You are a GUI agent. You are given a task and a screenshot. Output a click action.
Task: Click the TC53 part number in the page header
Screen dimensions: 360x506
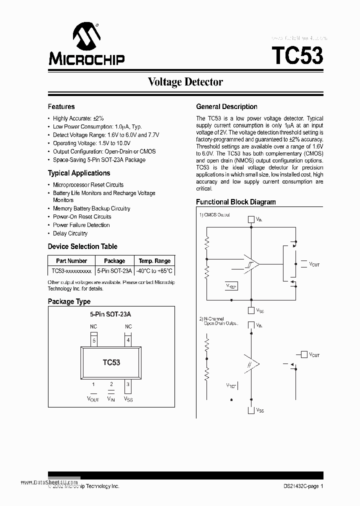[297, 54]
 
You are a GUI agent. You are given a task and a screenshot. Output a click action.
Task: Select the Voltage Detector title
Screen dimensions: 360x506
[185, 82]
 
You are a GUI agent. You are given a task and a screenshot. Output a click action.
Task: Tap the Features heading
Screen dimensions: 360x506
[61, 106]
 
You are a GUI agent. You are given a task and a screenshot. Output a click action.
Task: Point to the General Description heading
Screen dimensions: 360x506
[226, 106]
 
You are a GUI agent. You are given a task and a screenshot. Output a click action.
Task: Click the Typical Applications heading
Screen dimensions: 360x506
[78, 173]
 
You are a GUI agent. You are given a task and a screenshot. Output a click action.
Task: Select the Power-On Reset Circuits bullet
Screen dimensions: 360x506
[82, 216]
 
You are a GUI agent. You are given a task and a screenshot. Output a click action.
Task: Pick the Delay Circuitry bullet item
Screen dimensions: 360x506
[70, 233]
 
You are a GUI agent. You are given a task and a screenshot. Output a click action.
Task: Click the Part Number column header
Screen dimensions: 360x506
[71, 261]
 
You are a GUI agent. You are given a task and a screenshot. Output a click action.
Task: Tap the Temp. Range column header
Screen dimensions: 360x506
[154, 261]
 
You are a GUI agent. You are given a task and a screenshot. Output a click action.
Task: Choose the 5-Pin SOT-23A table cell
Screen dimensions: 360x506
[114, 271]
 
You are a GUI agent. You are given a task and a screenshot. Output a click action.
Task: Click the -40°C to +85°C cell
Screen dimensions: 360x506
[154, 271]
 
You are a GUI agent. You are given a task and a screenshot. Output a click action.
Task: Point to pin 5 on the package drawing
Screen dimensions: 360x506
[93, 340]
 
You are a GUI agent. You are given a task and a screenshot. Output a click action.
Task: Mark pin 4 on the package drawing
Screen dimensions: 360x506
[128, 340]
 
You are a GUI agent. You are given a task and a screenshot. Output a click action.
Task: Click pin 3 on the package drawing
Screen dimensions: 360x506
[128, 384]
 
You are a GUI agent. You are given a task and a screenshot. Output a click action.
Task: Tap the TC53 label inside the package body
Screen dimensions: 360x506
[111, 362]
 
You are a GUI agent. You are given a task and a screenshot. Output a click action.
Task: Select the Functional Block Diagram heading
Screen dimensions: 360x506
[235, 202]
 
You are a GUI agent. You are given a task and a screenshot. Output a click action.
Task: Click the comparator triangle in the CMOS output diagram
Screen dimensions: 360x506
[251, 263]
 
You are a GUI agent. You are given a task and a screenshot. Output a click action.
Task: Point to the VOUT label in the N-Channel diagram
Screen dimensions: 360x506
[314, 354]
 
